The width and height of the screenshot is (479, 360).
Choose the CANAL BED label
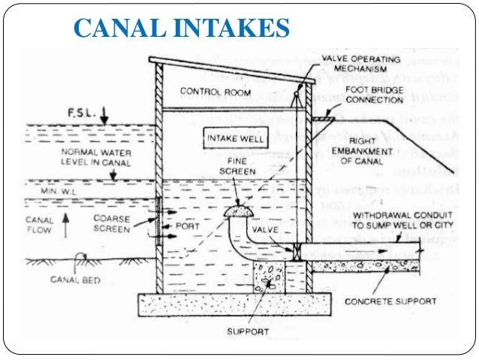point(74,280)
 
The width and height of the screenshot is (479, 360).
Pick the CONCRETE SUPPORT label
point(390,301)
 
